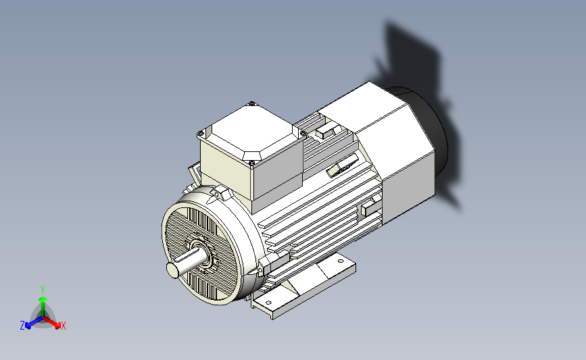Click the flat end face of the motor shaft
pos(172,270)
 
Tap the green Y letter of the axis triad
pos(43,290)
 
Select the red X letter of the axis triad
pos(63,326)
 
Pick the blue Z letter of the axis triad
pos(22,326)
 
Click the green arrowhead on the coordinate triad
pos(43,299)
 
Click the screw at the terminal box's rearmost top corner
pos(251,103)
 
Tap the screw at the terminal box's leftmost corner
pos(201,133)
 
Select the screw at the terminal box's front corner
pos(251,163)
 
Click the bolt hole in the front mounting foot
pos(268,303)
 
